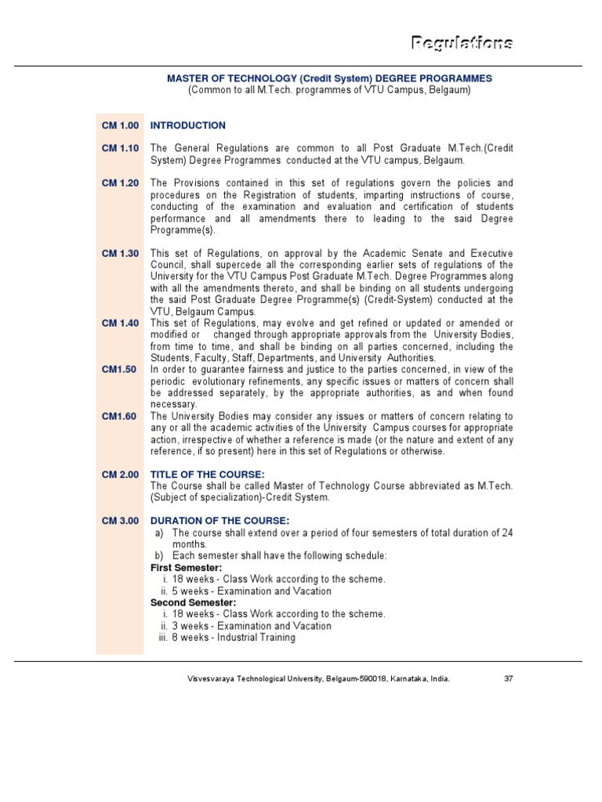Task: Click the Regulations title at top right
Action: click(462, 42)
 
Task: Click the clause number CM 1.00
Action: click(120, 125)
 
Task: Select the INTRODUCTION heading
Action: click(187, 125)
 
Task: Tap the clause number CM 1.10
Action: click(120, 148)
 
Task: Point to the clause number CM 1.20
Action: click(120, 183)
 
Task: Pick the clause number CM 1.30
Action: click(120, 254)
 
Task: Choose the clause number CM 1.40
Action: click(120, 323)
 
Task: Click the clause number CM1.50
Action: click(119, 370)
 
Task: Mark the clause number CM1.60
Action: click(119, 416)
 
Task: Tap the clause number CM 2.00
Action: click(120, 475)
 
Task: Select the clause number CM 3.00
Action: click(120, 522)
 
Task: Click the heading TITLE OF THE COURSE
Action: click(207, 475)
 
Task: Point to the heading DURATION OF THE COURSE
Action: click(219, 522)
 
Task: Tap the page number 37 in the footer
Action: click(508, 679)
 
